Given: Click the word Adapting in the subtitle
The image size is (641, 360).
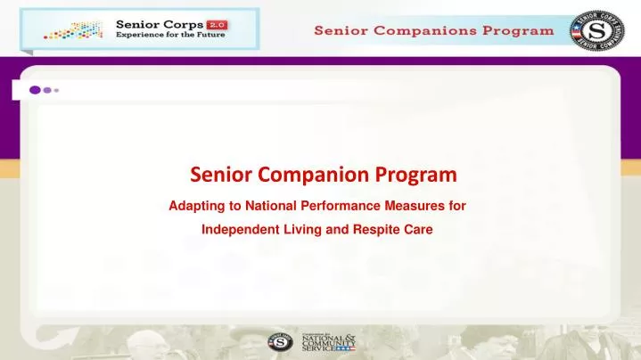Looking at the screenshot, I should [194, 206].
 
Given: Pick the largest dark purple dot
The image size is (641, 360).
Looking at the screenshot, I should [36, 90].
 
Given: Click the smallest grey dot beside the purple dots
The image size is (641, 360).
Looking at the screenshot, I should [57, 90].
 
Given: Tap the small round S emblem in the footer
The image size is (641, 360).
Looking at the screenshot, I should [280, 341].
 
